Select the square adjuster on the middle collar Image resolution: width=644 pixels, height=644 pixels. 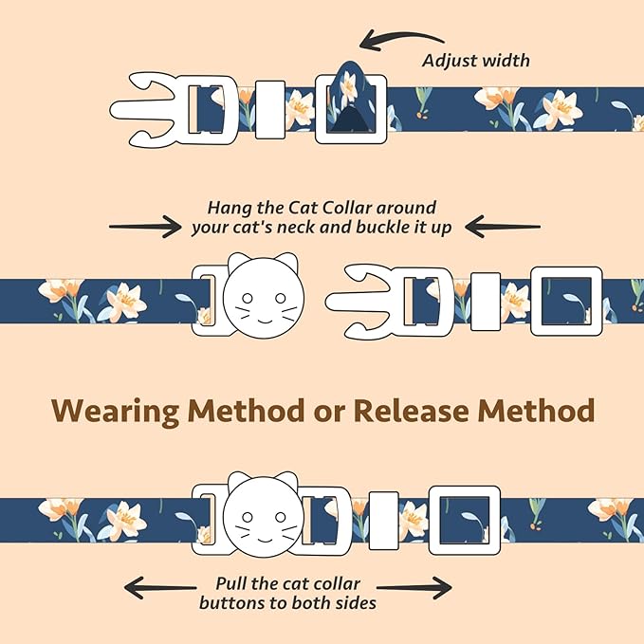click(x=565, y=299)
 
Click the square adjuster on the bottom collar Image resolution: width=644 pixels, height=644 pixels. click(x=464, y=520)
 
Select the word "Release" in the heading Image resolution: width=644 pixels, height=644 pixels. click(x=412, y=411)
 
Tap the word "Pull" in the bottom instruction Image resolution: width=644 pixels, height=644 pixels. click(x=234, y=584)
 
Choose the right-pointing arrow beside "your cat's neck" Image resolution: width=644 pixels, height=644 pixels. click(x=145, y=226)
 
